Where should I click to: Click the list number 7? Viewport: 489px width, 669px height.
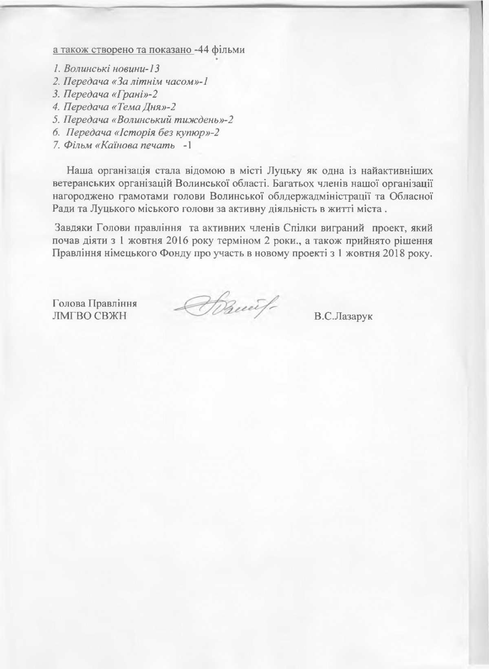(x=56, y=146)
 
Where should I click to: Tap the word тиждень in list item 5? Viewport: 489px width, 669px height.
(x=200, y=120)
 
